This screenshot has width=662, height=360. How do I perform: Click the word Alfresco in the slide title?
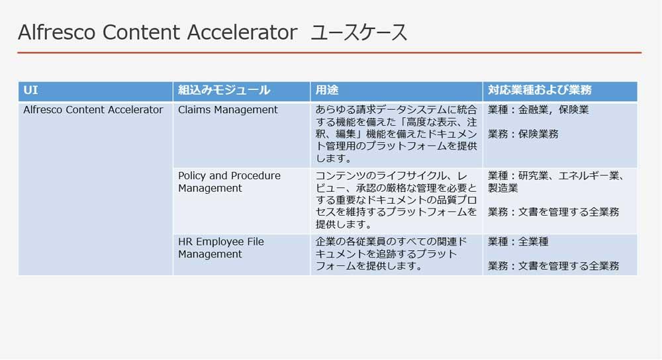56,32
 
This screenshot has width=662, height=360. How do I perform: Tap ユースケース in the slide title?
359,32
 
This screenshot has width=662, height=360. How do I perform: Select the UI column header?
31,90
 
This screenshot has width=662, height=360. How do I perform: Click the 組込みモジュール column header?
224,90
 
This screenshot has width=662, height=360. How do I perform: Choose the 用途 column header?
327,90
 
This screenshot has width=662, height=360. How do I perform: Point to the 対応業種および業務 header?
540,90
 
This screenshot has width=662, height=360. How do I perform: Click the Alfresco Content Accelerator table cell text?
93,110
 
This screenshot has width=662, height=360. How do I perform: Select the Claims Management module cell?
228,110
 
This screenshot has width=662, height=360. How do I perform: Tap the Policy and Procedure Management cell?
229,182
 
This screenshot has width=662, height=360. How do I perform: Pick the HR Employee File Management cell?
221,247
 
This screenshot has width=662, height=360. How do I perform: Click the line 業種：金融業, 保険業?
538,110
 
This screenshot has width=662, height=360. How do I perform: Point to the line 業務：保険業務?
523,134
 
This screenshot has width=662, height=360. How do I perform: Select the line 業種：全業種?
518,242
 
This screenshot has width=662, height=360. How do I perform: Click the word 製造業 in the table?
503,188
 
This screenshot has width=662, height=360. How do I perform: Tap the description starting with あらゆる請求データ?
396,134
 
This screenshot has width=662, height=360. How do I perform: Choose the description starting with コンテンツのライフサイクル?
396,200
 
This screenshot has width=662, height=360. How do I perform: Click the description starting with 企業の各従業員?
391,254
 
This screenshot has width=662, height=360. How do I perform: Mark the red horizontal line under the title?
330,53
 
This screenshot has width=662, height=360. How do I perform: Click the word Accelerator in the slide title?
242,32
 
